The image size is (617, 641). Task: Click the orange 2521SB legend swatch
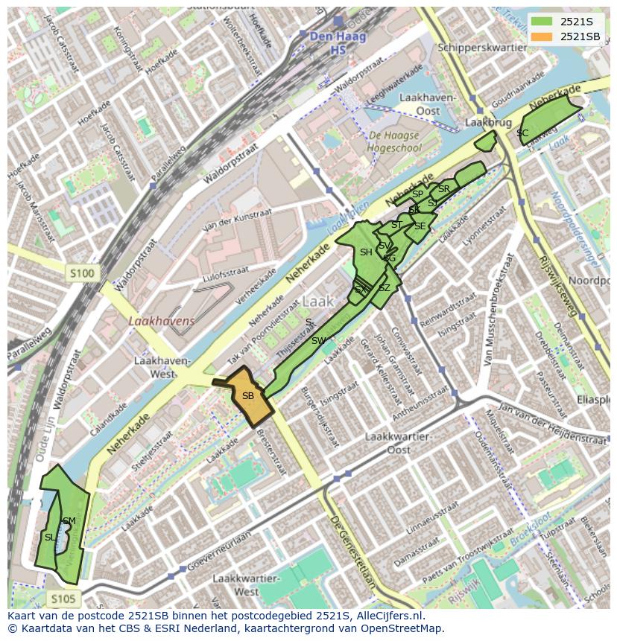pyautogui.click(x=542, y=36)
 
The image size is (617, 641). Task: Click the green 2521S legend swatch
pyautogui.click(x=542, y=22)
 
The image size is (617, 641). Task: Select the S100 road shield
pyautogui.click(x=82, y=273)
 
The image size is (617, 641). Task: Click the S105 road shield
pyautogui.click(x=63, y=598)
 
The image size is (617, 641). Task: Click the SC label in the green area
pyautogui.click(x=522, y=133)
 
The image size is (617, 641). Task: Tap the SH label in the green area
pyautogui.click(x=366, y=252)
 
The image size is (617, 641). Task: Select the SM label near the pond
pyautogui.click(x=69, y=520)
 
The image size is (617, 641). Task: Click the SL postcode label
pyautogui.click(x=50, y=537)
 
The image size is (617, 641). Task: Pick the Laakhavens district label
pyautogui.click(x=161, y=321)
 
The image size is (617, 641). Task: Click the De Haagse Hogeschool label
pyautogui.click(x=393, y=141)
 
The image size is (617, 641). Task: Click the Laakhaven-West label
pyautogui.click(x=162, y=366)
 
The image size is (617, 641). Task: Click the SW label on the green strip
pyautogui.click(x=318, y=341)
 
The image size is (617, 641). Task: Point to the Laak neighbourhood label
pyautogui.click(x=317, y=302)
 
